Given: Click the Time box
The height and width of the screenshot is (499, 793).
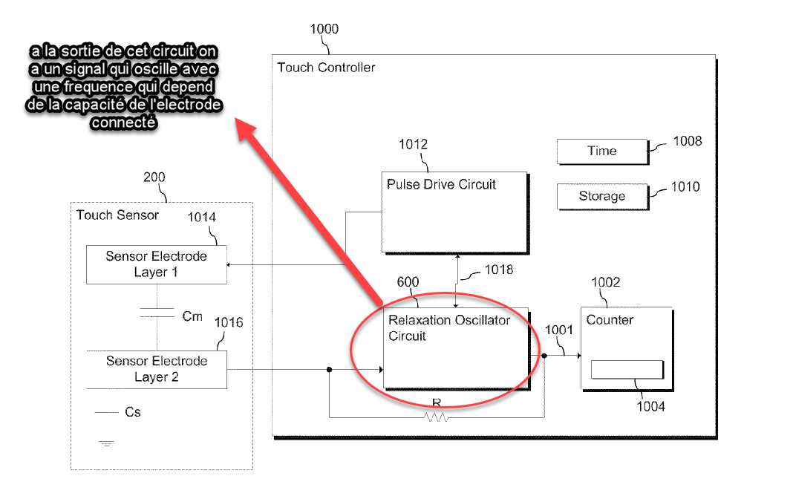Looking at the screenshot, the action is [602, 151].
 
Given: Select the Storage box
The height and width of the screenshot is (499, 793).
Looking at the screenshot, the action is [602, 196].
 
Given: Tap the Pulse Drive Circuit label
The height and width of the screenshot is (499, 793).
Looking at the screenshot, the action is [441, 185].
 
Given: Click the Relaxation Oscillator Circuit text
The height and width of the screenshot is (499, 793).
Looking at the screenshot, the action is [449, 328].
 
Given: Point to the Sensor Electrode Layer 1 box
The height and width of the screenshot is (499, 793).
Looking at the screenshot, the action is [156, 264].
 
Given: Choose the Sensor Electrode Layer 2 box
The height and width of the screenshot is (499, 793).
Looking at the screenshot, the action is [156, 370].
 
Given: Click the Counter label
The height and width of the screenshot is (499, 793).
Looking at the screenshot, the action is [610, 320].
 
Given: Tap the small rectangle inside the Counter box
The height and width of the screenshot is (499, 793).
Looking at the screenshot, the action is [627, 369].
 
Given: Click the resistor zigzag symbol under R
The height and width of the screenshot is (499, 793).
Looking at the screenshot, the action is [436, 417].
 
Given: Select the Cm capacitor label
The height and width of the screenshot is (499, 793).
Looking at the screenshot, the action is [192, 316].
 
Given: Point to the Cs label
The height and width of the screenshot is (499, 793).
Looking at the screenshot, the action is [133, 413].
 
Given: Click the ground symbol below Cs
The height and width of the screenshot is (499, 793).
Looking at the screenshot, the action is [107, 444].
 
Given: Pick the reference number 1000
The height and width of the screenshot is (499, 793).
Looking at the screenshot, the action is [324, 29].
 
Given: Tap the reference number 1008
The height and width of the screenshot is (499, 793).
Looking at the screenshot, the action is [688, 142].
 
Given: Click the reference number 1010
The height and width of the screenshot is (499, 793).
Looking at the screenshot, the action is [685, 187].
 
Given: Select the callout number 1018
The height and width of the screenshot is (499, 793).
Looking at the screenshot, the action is [499, 270].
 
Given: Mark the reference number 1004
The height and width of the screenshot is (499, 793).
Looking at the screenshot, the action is [651, 407].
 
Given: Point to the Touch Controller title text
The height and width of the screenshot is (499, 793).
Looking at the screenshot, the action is [326, 68].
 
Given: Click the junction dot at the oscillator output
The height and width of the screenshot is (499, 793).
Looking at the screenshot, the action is [544, 356].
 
